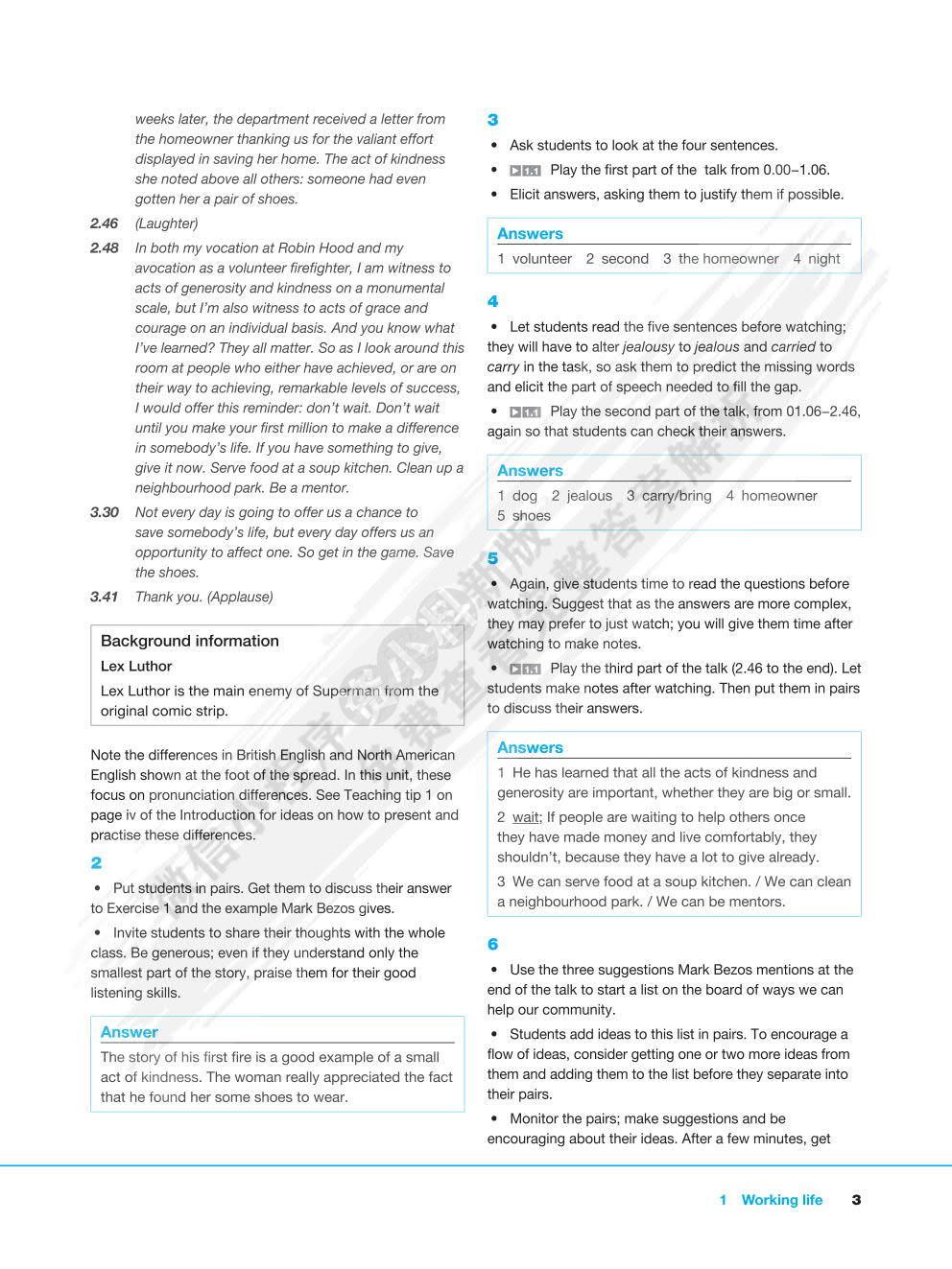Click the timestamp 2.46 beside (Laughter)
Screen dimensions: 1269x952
click(104, 223)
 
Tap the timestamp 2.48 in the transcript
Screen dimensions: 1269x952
click(104, 247)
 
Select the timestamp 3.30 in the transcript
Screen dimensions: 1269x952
click(104, 512)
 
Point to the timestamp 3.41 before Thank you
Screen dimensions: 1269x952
click(104, 597)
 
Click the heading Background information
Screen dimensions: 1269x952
click(189, 641)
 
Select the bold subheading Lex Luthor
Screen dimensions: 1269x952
click(136, 666)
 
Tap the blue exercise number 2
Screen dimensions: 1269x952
click(96, 862)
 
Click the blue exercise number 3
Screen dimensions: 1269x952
click(492, 120)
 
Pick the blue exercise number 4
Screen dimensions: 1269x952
click(492, 301)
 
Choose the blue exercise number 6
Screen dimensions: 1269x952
click(492, 944)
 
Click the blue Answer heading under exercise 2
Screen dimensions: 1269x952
click(129, 1032)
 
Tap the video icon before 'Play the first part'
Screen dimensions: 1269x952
click(525, 171)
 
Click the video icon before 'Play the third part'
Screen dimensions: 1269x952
click(525, 669)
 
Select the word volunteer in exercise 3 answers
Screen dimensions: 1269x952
click(541, 259)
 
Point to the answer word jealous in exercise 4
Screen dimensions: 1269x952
click(588, 496)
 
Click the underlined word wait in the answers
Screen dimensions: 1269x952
click(526, 817)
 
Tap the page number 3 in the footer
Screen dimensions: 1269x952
click(856, 1200)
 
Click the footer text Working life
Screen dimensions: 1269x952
click(781, 1200)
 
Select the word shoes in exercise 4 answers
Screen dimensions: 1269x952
click(531, 516)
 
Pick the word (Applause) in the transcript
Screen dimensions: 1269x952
click(240, 597)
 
